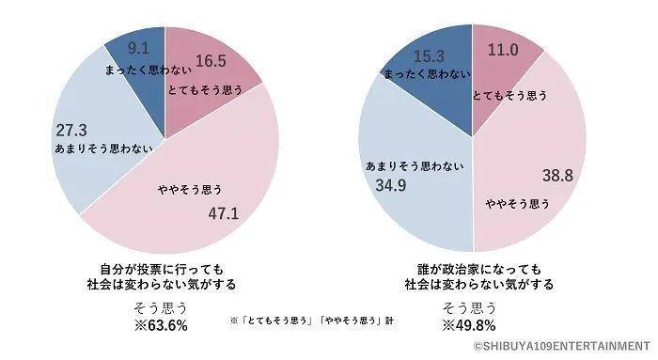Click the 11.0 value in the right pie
point(499,50)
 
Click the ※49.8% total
point(471,326)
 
